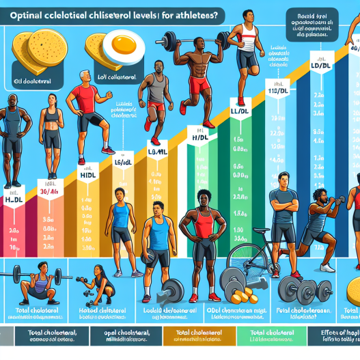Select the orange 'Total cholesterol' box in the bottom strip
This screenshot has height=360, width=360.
pos(199,335)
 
